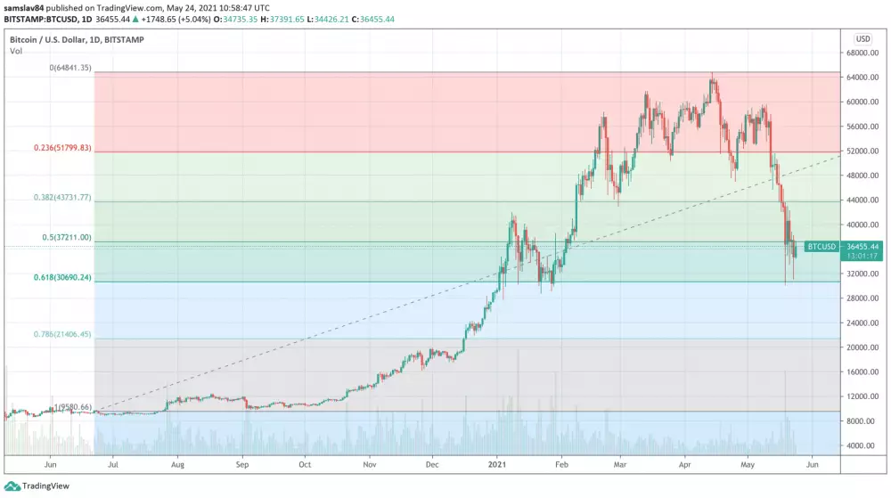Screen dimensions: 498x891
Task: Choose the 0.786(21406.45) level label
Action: click(60, 335)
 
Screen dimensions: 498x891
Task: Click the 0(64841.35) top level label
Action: click(71, 68)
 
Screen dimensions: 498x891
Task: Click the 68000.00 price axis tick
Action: click(862, 53)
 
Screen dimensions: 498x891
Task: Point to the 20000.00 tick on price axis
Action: click(862, 347)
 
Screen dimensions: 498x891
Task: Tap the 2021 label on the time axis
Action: click(497, 465)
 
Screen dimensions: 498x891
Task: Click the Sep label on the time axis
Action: click(242, 465)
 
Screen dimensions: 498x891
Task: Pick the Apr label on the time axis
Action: click(685, 465)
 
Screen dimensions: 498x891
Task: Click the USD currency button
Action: click(862, 39)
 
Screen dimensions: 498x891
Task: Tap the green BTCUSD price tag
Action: click(821, 246)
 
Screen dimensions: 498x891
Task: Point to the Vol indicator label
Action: click(16, 51)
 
